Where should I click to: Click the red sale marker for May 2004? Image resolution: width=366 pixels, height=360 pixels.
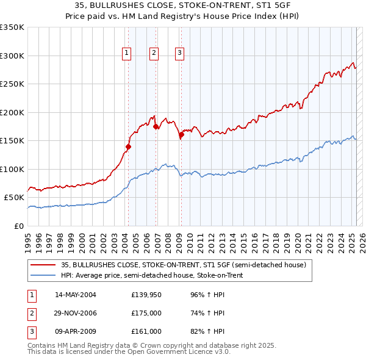pyautogui.click(x=128, y=146)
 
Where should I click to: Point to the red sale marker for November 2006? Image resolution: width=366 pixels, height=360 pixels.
pyautogui.click(x=156, y=127)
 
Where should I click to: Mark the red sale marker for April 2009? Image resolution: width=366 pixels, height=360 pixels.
pyautogui.click(x=181, y=135)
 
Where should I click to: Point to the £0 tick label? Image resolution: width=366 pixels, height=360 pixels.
pyautogui.click(x=18, y=226)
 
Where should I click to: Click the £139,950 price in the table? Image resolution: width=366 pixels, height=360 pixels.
pyautogui.click(x=146, y=295)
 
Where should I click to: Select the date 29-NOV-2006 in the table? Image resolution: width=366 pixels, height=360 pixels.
pyautogui.click(x=76, y=313)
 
